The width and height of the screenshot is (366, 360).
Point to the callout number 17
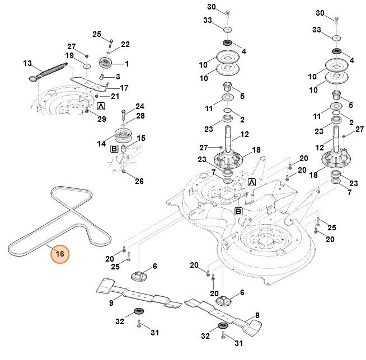[x=124, y=88]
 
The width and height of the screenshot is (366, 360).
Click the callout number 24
[x=140, y=106]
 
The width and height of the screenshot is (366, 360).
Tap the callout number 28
[x=140, y=116]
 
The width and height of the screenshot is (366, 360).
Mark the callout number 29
[x=102, y=119]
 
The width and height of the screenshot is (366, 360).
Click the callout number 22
[x=125, y=44]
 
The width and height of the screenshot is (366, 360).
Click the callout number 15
[x=141, y=138]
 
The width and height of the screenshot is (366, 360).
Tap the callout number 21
[x=115, y=97]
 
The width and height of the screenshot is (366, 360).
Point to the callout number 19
[x=69, y=56]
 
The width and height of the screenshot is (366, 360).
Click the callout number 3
[x=118, y=76]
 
